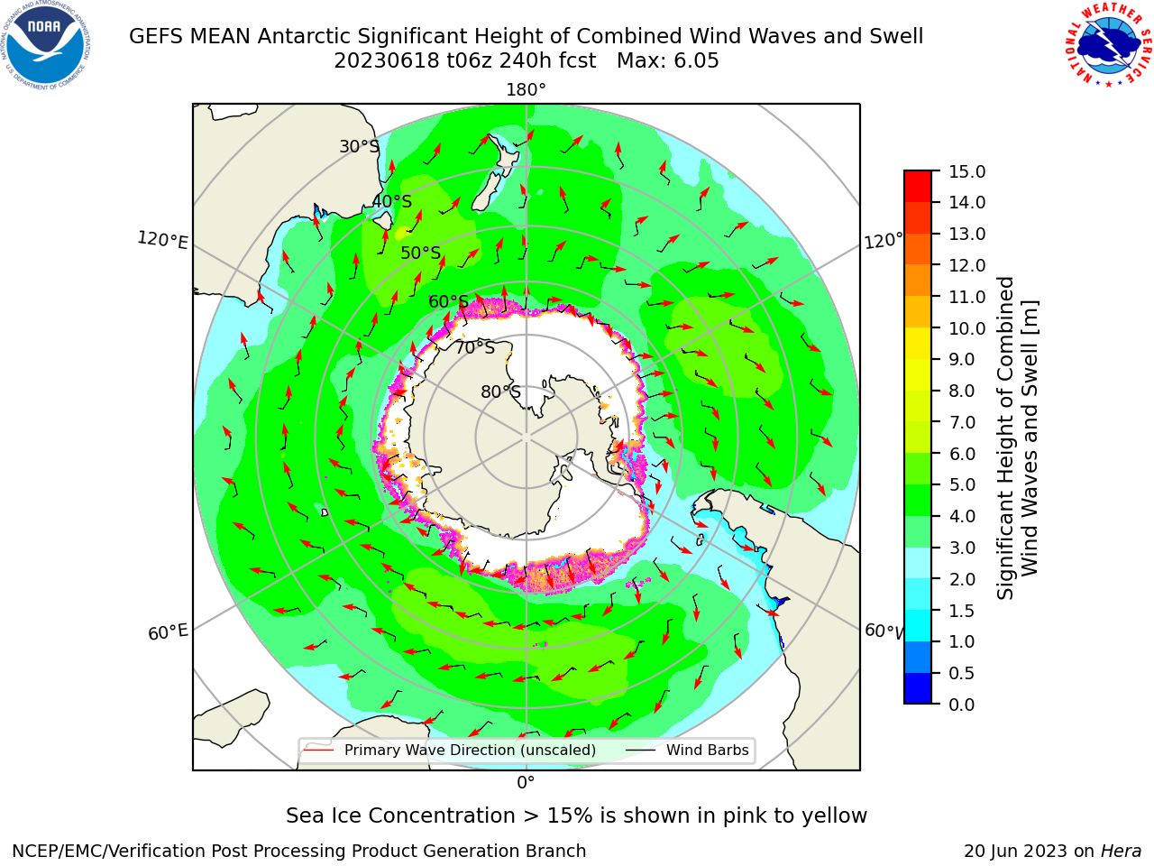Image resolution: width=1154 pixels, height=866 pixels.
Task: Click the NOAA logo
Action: [46, 45]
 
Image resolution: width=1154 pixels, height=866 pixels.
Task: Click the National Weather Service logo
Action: [1108, 45]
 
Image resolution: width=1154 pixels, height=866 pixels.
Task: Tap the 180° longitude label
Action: [526, 90]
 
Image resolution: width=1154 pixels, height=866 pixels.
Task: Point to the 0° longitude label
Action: [526, 783]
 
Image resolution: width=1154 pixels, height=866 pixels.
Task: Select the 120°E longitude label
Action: [162, 240]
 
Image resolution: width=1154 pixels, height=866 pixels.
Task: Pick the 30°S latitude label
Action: [359, 146]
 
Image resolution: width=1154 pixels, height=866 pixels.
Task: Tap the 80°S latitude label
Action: [500, 392]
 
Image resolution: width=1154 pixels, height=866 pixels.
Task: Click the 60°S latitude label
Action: [448, 302]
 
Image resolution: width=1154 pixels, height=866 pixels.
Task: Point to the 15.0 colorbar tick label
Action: [966, 171]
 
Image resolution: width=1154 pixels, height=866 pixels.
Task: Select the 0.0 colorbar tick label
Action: [962, 705]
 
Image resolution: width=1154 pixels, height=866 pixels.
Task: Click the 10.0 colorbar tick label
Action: [966, 328]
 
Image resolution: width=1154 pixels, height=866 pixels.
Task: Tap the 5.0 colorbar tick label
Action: [962, 484]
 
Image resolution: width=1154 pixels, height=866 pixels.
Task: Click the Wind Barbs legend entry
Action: [687, 751]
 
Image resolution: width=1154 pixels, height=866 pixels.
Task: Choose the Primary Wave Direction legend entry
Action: [450, 751]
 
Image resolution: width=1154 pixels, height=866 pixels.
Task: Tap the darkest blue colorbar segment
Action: [918, 688]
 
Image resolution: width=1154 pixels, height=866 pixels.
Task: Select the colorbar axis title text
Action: [1017, 438]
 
